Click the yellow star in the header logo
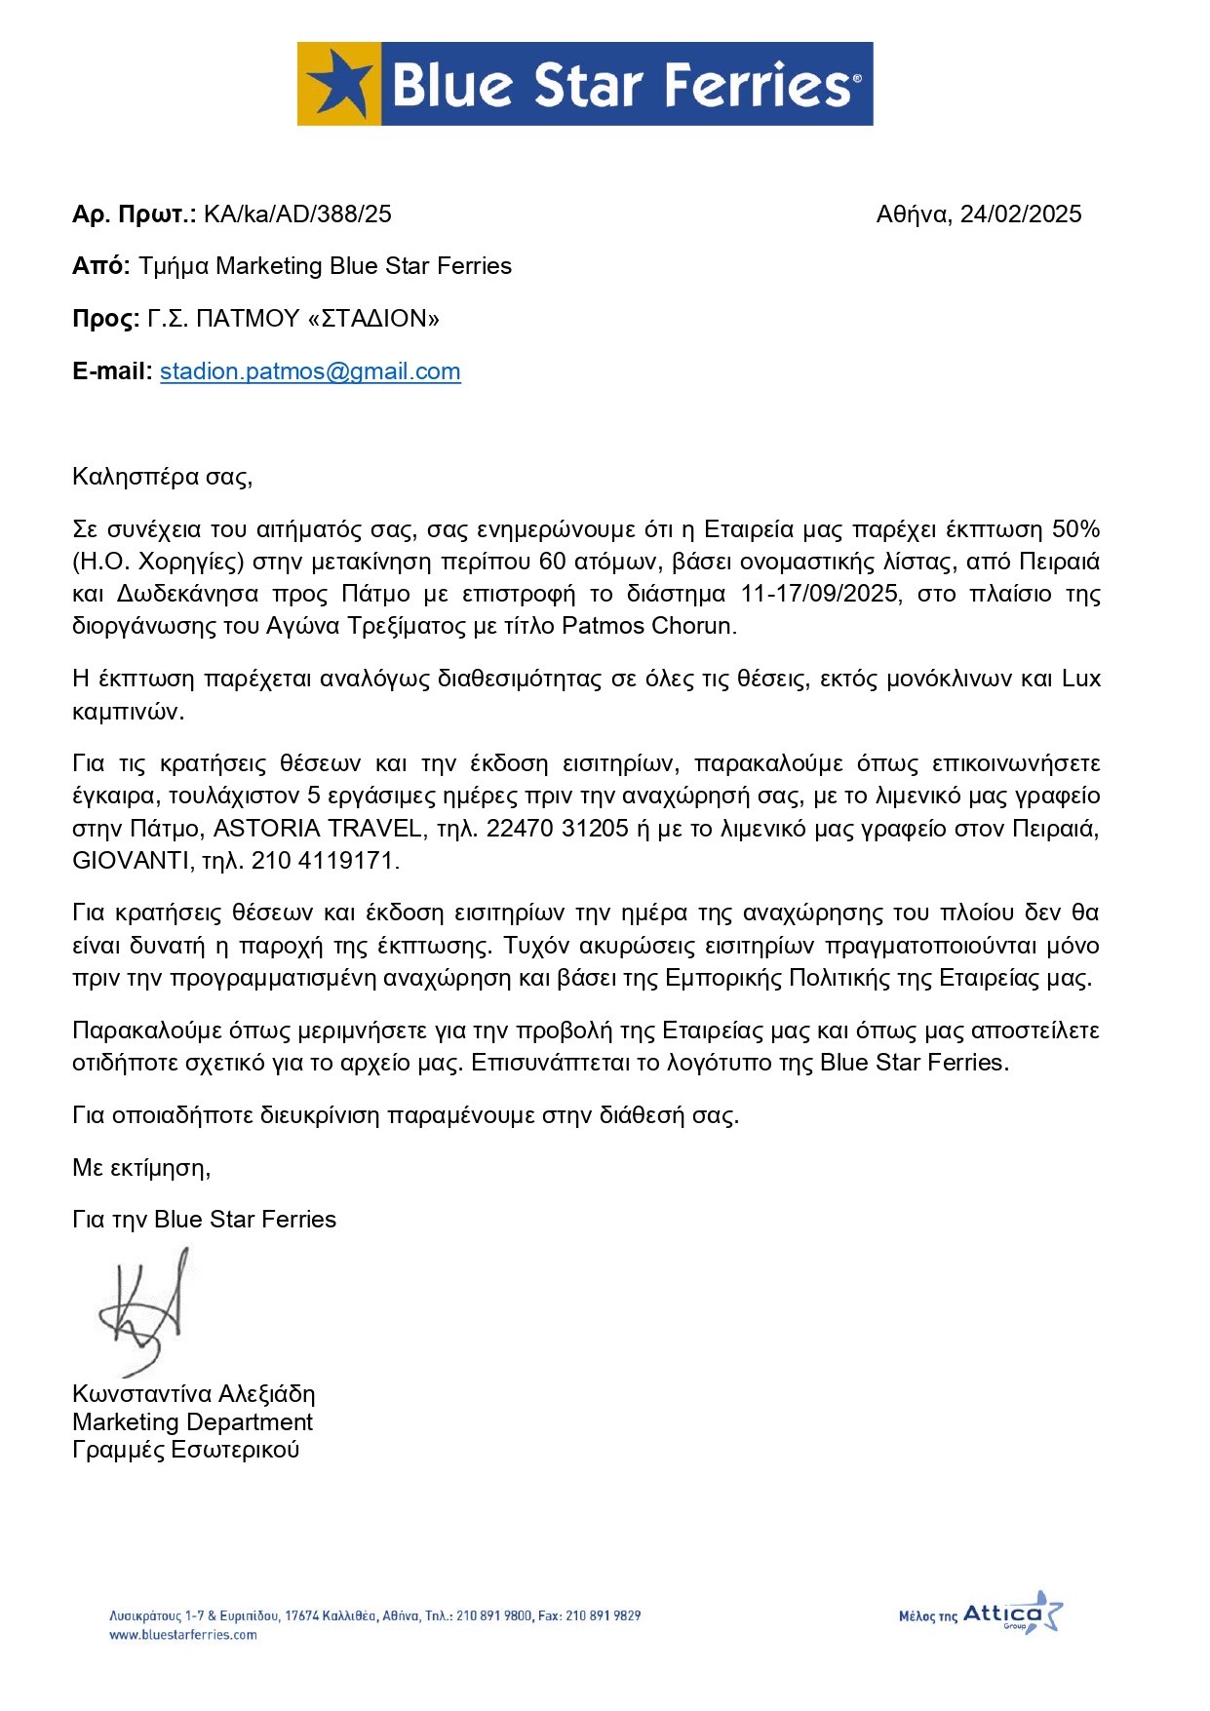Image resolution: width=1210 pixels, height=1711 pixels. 338,84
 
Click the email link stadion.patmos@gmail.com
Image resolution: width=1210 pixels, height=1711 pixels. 310,371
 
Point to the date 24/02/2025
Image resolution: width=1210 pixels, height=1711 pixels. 1020,214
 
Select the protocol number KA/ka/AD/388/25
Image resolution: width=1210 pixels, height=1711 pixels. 297,214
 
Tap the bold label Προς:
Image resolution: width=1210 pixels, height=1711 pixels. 105,319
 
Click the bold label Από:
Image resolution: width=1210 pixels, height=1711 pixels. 100,266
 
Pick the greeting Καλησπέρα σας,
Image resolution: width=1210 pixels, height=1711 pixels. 162,477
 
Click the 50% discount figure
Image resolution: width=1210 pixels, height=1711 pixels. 1075,529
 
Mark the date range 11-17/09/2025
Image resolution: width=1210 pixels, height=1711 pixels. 819,594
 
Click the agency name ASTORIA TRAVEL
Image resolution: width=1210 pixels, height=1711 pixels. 318,829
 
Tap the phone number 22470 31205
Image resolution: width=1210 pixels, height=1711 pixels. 557,829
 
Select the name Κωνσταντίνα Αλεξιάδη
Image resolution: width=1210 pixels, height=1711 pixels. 193,1393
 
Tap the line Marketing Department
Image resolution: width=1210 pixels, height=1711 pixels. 192,1421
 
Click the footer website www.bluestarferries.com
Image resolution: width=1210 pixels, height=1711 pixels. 182,1635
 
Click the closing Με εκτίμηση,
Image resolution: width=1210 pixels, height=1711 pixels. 141,1167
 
